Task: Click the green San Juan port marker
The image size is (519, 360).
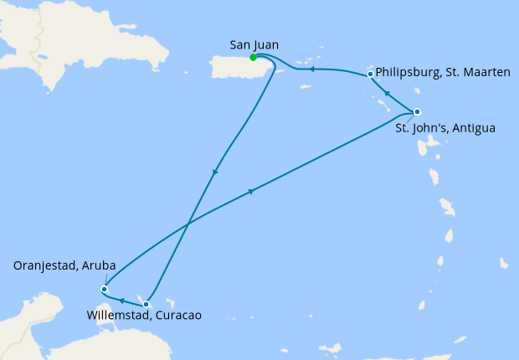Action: (x=253, y=58)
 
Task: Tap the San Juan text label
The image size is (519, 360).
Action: (x=254, y=44)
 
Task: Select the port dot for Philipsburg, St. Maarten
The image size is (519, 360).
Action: (x=370, y=75)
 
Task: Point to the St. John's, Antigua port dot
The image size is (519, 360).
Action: (x=417, y=112)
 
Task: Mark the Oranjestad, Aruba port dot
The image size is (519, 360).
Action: (x=104, y=290)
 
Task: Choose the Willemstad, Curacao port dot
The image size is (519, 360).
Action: (x=146, y=304)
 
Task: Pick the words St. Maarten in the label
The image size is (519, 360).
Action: (x=479, y=73)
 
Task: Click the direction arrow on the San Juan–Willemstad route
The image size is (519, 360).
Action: (x=215, y=172)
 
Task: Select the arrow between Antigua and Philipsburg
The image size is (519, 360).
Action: (x=387, y=93)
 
